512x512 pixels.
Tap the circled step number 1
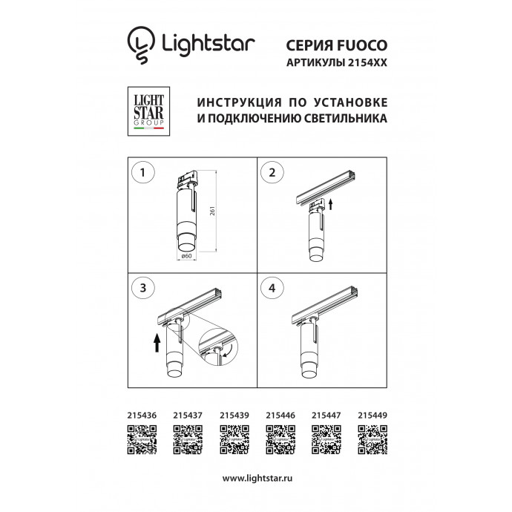tap(142, 173)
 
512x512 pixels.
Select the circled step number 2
tap(272, 173)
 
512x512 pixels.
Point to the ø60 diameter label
tap(187, 256)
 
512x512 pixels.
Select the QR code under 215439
tap(233, 441)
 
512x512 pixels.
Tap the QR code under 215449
tap(372, 441)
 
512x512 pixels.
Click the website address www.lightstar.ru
tap(255, 479)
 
